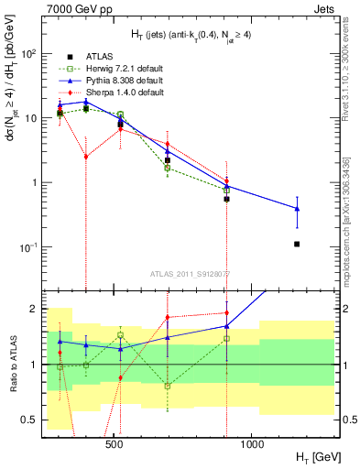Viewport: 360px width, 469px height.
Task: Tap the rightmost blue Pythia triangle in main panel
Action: pyautogui.click(x=297, y=209)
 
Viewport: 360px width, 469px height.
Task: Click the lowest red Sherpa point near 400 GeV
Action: pyautogui.click(x=85, y=157)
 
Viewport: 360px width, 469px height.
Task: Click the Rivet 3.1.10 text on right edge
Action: pyautogui.click(x=351, y=64)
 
